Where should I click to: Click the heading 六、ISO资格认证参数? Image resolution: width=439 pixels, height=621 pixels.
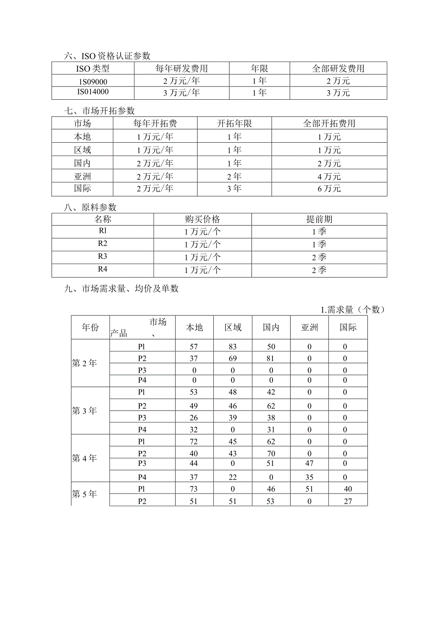[107, 56]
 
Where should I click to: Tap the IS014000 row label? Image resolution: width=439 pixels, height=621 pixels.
[93, 93]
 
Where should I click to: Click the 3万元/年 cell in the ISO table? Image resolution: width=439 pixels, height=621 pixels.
[182, 93]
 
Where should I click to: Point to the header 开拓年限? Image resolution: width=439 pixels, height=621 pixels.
[234, 124]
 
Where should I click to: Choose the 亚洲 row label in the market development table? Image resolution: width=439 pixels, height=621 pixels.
[82, 176]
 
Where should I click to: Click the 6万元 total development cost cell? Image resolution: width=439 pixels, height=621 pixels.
[329, 189]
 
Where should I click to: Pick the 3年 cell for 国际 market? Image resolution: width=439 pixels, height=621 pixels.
[234, 189]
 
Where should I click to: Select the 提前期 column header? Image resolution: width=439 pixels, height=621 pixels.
[319, 220]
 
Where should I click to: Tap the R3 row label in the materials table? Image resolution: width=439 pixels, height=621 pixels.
[103, 257]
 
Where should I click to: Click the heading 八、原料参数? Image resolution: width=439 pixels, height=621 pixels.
[91, 208]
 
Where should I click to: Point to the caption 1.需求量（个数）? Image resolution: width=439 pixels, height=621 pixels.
[353, 310]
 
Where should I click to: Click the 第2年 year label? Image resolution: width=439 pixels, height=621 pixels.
[84, 363]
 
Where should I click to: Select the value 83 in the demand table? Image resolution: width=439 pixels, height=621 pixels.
[233, 346]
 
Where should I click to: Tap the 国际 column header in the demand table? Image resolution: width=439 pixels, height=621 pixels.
[348, 327]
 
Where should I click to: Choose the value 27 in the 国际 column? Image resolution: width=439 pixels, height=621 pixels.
[348, 501]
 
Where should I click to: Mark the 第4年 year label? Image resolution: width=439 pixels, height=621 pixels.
[84, 458]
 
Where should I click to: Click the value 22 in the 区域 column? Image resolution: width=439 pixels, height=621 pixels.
[233, 476]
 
